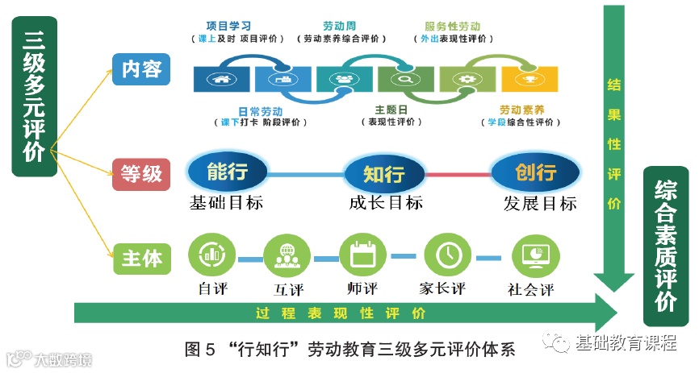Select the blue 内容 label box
coord(141,70)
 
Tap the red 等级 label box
coord(141,172)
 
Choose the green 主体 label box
coord(141,258)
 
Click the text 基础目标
coord(226,202)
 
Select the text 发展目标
coord(539,202)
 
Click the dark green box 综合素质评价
coord(665,245)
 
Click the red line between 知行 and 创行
coord(458,172)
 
